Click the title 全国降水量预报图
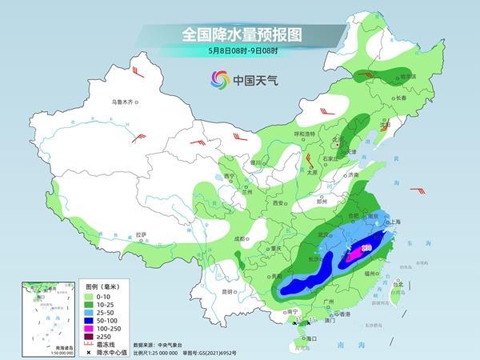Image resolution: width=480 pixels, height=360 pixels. point(239,34)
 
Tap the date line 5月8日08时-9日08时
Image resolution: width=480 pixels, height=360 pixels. point(239,52)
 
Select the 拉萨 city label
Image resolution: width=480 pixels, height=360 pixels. point(142,234)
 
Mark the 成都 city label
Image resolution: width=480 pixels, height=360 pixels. point(239,238)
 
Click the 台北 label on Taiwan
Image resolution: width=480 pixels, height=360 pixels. point(397,282)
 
